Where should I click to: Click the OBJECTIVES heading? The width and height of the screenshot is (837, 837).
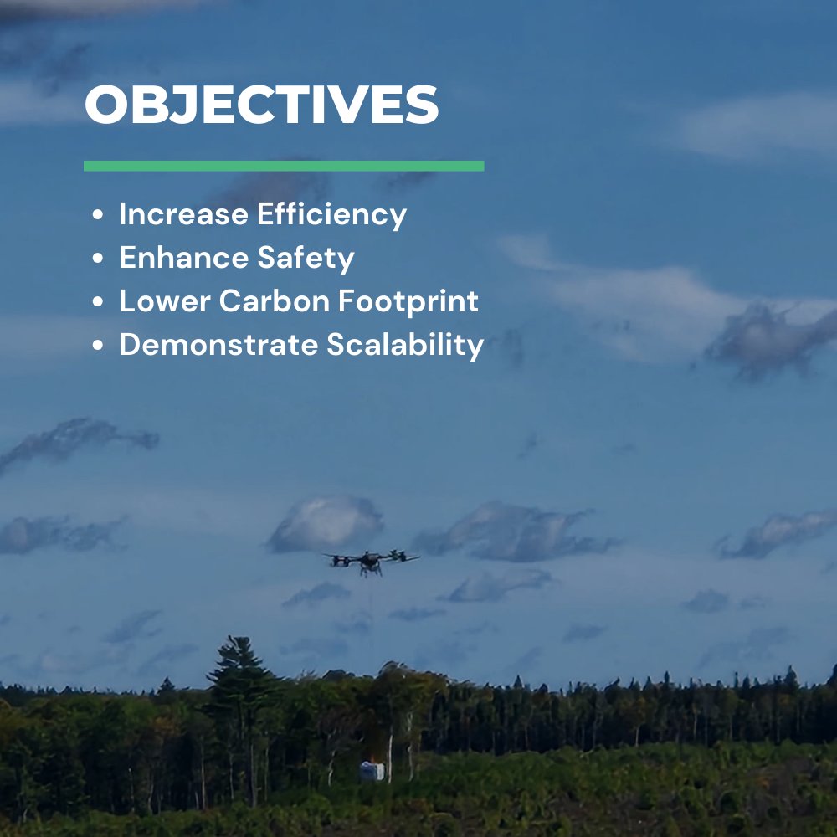(x=261, y=105)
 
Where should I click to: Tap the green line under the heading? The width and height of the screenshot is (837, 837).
(x=284, y=166)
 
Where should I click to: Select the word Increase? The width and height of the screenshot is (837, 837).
(x=184, y=214)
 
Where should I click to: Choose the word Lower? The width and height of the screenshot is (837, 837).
(x=164, y=301)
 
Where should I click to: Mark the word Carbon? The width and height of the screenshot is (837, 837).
(x=268, y=301)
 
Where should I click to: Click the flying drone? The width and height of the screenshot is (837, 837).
(x=371, y=562)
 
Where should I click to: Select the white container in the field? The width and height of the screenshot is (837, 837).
(x=372, y=771)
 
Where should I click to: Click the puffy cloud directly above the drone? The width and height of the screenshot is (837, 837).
(x=326, y=523)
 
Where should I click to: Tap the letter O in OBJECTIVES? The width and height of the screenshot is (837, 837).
(x=111, y=105)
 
